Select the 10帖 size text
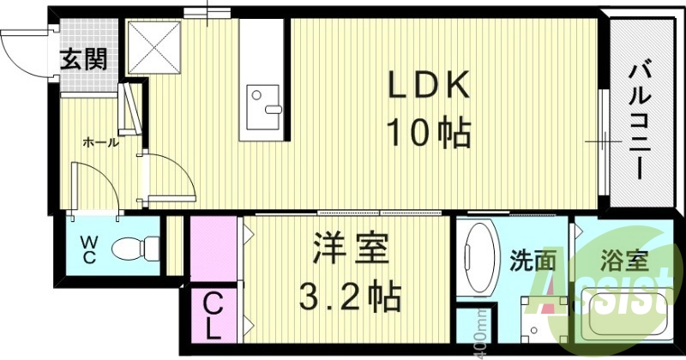pos(429,133)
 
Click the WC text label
pos(90,249)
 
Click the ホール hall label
pos(100,142)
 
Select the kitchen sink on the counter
pos(262,103)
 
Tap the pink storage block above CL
pos(213,249)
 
